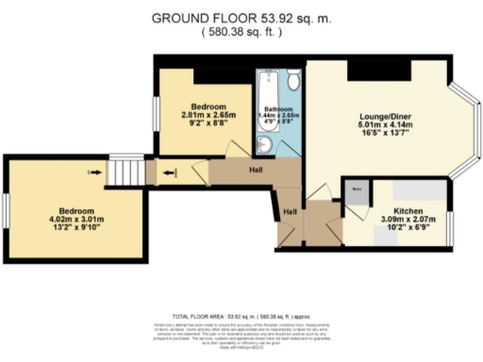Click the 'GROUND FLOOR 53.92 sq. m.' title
click(x=241, y=16)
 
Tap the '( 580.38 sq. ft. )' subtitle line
click(x=241, y=30)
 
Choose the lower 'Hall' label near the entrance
click(x=291, y=212)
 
